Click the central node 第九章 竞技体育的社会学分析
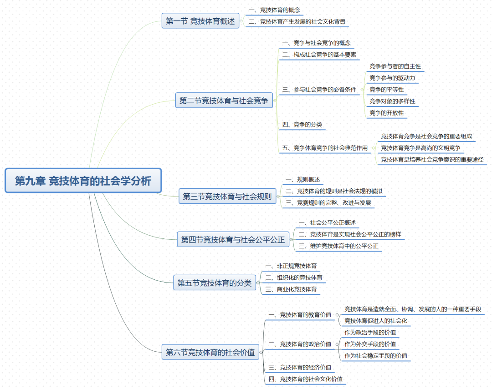[83, 181]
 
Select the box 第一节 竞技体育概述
[200, 21]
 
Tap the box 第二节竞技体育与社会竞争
[224, 101]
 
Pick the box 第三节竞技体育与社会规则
[227, 197]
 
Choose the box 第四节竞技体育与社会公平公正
[233, 239]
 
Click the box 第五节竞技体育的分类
[214, 283]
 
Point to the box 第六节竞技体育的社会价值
[210, 352]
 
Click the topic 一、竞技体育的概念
[274, 10]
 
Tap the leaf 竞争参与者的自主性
[395, 66]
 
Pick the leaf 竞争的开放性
[386, 113]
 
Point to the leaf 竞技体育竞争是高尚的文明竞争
[420, 148]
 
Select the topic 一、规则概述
[302, 180]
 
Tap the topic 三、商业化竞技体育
[291, 289]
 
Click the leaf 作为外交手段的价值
[370, 344]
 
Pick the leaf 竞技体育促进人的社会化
[376, 321]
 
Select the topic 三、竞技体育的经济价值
[300, 367]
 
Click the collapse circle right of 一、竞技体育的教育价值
[337, 314]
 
